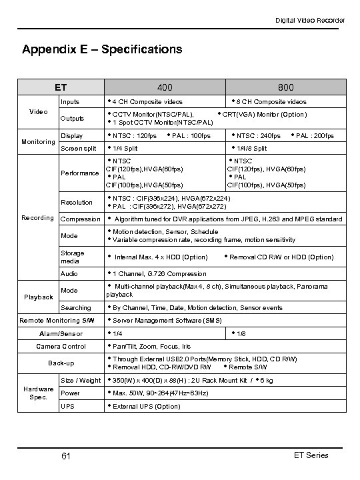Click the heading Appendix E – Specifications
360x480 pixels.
[102, 49]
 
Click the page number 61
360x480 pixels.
[65, 456]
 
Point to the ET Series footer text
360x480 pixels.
[310, 455]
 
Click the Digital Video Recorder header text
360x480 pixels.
[311, 21]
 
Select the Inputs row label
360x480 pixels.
[70, 102]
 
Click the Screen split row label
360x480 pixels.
[79, 148]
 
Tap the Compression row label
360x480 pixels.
[80, 219]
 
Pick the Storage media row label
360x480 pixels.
[73, 257]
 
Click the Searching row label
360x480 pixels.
[76, 308]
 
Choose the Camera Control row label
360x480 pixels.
[61, 346]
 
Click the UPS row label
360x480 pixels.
[67, 406]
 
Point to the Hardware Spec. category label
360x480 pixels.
[39, 393]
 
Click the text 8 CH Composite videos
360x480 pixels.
[271, 102]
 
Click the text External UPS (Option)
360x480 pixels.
[147, 406]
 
